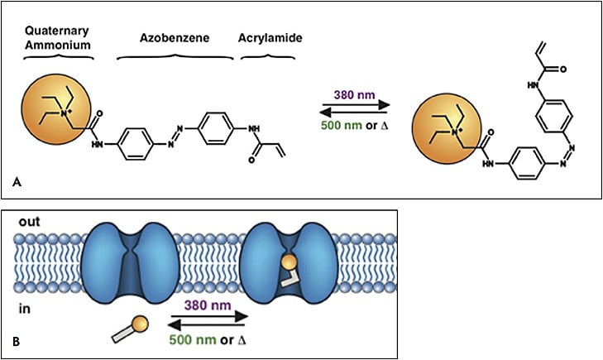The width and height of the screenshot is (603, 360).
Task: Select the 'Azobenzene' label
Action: (x=175, y=38)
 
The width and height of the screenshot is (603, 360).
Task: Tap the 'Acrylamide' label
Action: (x=269, y=38)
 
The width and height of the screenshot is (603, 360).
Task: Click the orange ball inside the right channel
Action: (x=288, y=264)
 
